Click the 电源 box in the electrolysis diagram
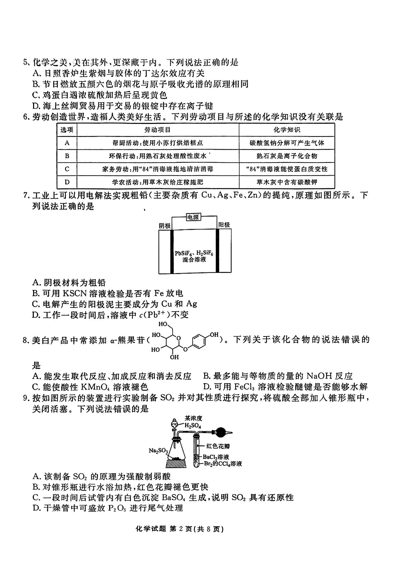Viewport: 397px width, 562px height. tap(193, 217)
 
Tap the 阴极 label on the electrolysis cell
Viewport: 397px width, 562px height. tap(165, 226)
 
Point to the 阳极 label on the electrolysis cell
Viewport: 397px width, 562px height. tap(224, 225)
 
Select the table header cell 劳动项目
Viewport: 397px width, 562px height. tap(157, 130)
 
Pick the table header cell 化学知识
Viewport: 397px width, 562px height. tap(287, 130)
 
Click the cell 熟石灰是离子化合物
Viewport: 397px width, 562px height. tap(287, 156)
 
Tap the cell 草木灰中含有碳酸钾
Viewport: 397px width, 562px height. tap(287, 182)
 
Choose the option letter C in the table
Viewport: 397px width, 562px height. tap(67, 169)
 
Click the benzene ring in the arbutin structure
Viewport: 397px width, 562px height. tap(199, 341)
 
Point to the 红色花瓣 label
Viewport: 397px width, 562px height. tap(218, 446)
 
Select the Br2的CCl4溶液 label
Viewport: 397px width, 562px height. tap(223, 464)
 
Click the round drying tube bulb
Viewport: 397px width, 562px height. tap(222, 433)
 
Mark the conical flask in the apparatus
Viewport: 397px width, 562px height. tap(176, 449)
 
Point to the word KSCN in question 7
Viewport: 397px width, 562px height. tap(75, 293)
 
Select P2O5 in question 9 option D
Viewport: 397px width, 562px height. tap(117, 508)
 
